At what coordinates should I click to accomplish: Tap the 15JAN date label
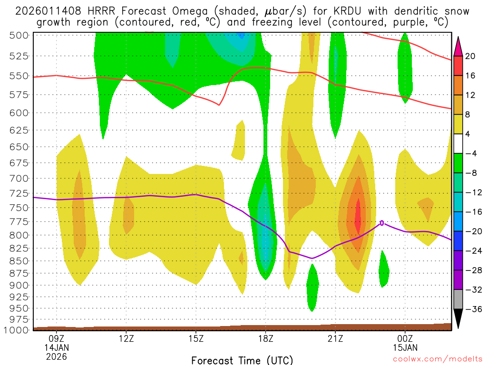point(405,348)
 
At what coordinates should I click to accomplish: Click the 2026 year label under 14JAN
point(57,356)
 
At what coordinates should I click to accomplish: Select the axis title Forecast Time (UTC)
point(242,360)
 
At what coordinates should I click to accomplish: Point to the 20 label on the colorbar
point(470,56)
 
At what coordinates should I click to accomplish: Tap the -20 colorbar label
point(472,231)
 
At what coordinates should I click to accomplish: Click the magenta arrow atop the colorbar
point(458,45)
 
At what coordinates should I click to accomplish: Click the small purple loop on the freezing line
point(382,222)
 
